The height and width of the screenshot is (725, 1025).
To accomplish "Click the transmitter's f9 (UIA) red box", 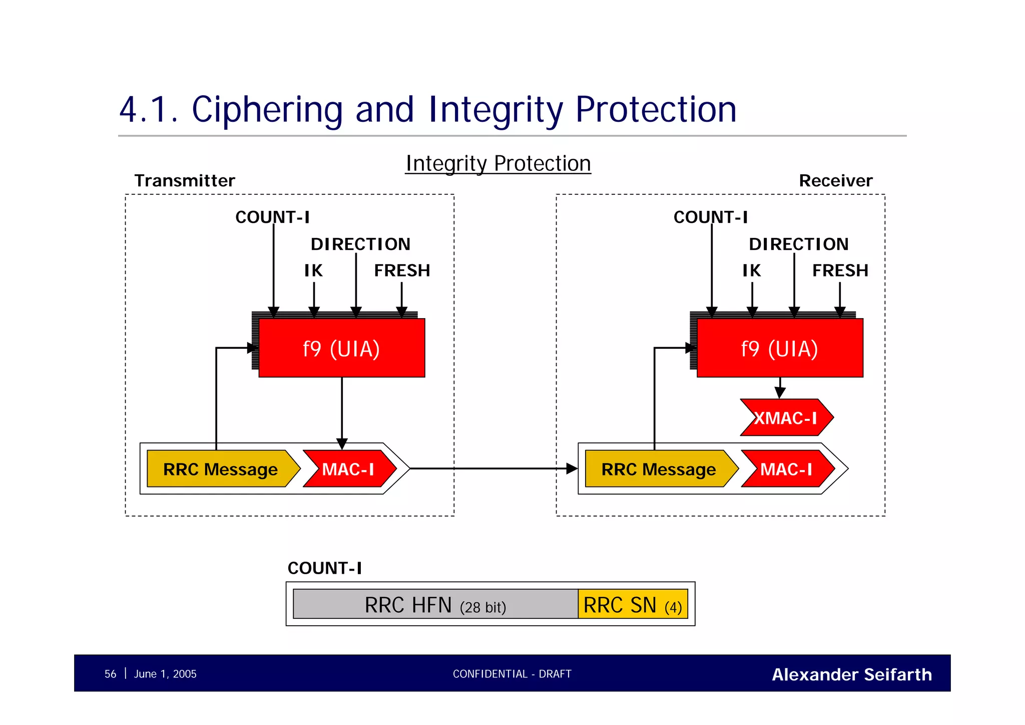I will point(341,348).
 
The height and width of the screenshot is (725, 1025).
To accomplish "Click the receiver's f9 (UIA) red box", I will point(779,348).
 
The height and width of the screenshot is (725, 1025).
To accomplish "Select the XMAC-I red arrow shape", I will point(786,417).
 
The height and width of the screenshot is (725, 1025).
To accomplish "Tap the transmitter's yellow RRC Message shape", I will point(220,469).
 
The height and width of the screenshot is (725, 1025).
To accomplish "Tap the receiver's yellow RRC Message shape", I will point(658,469).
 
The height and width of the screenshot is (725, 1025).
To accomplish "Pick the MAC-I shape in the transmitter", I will point(349,469).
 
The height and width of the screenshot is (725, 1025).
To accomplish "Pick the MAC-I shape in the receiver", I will point(787,469).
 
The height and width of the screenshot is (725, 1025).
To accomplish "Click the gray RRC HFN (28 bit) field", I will point(435,605).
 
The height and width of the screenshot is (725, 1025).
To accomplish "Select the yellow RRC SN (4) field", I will point(633,605).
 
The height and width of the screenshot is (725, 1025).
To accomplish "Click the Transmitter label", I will point(185,180).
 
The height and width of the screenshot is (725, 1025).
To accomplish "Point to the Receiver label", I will point(835,180).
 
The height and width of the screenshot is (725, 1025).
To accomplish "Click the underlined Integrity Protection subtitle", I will point(498,163).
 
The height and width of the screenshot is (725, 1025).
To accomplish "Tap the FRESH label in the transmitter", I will point(402,271).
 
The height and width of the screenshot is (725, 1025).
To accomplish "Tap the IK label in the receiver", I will point(751,271).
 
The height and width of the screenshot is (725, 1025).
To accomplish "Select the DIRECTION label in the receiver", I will point(799,244).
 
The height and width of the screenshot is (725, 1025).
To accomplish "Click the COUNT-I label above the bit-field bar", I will point(324,568).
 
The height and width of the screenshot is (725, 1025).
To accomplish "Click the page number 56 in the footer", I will point(110,674).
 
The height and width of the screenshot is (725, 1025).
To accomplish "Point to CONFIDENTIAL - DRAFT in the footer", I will point(512,674).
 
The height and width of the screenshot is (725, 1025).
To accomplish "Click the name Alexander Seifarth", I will point(851,674).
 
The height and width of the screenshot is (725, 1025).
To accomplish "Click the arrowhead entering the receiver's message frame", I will point(572,469).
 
